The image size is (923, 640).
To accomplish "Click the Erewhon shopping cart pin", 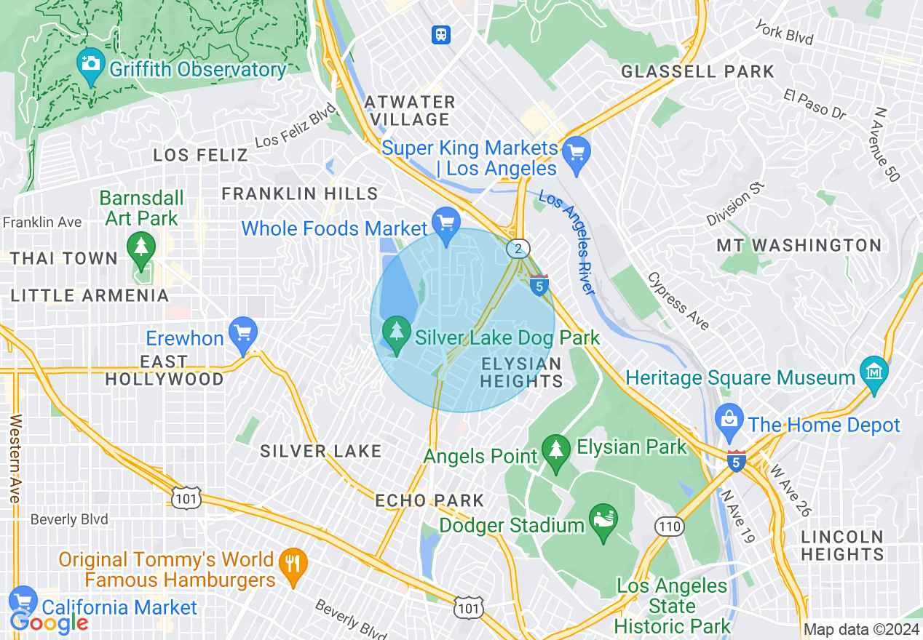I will click(x=242, y=334).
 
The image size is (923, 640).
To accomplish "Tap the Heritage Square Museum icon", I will click(x=874, y=371).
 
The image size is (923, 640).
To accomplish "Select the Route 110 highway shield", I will click(x=668, y=526).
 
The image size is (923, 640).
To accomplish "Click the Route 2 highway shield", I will click(x=517, y=249).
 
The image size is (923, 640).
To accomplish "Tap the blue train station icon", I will click(x=441, y=34).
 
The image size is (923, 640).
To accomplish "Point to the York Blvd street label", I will click(x=783, y=33).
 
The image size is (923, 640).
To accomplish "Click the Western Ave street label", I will click(x=15, y=459).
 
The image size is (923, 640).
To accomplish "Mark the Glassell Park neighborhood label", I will click(x=697, y=71).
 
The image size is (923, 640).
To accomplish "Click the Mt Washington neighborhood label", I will click(x=799, y=246).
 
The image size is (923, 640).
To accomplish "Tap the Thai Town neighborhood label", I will click(x=64, y=258).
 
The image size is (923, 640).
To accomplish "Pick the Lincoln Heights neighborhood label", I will click(x=842, y=545).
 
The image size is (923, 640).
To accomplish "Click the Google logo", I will click(x=49, y=623).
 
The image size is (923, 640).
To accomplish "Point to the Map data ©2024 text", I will click(x=861, y=629).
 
